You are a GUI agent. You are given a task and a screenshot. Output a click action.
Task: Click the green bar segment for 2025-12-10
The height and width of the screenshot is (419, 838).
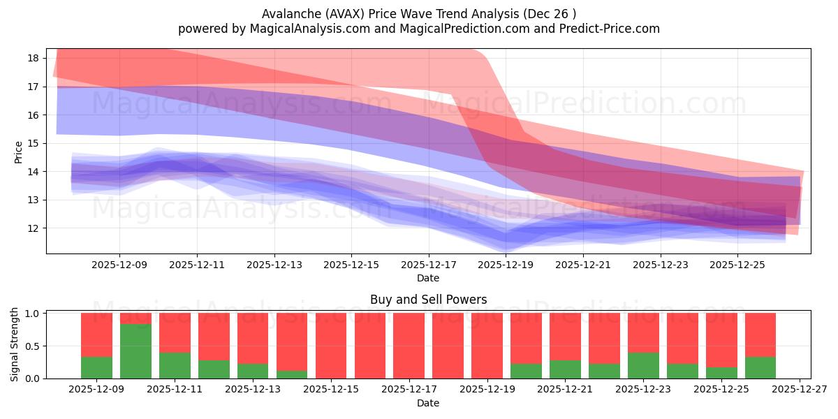(x=135, y=351)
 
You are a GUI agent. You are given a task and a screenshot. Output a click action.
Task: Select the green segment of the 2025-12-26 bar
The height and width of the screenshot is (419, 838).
(x=760, y=368)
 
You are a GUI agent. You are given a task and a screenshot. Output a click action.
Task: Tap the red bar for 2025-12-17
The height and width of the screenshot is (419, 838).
(x=409, y=346)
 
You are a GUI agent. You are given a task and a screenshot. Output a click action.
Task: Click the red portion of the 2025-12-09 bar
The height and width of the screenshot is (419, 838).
(x=96, y=335)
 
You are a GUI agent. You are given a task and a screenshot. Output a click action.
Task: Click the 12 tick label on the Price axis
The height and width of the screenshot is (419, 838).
(x=34, y=228)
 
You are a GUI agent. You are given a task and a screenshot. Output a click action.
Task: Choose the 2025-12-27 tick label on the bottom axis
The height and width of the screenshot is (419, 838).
(x=799, y=390)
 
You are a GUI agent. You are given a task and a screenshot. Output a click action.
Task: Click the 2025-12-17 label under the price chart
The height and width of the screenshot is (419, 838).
(x=428, y=265)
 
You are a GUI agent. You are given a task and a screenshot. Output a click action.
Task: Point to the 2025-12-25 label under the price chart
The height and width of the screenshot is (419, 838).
(x=737, y=265)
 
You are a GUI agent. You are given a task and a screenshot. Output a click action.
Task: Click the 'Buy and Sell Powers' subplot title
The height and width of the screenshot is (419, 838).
(x=428, y=300)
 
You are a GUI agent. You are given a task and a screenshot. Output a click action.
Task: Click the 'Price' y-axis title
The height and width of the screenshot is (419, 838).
(x=18, y=151)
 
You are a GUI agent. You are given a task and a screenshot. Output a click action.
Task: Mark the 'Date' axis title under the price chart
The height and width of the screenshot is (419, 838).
(x=428, y=278)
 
